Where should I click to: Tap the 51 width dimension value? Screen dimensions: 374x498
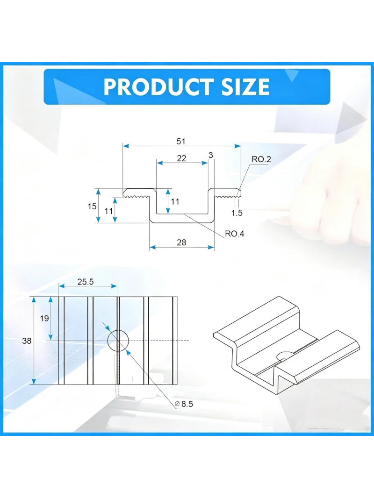(x=181, y=142)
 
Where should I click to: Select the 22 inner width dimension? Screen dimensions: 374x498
(x=181, y=158)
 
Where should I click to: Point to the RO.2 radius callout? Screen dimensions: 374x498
(x=261, y=159)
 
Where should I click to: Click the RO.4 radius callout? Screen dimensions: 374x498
(x=235, y=234)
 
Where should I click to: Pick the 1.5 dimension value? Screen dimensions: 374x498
(x=237, y=213)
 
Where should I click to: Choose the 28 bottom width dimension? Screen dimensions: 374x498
(x=181, y=242)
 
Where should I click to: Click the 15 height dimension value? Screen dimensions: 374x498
(x=92, y=206)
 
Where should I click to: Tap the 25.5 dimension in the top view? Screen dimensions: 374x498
(x=86, y=282)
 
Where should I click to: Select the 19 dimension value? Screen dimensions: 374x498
(x=44, y=318)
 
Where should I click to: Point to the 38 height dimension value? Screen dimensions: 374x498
(x=27, y=341)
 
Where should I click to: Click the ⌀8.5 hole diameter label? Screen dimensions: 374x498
(x=184, y=404)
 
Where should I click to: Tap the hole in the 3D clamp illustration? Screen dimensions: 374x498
(x=285, y=356)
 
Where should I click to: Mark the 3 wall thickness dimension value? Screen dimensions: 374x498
(x=211, y=155)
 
